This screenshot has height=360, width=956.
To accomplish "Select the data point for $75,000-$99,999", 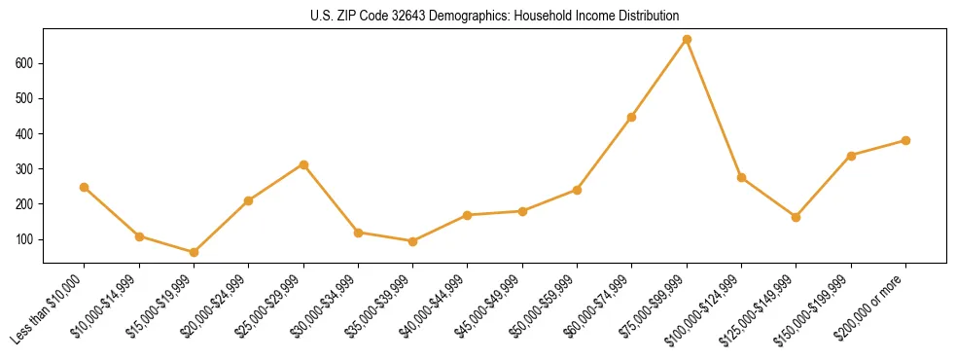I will click(687, 39).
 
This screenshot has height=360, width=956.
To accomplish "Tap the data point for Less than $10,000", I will click(85, 187).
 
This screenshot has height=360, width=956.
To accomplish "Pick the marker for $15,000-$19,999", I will click(194, 252).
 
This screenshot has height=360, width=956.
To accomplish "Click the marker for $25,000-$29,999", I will click(303, 164).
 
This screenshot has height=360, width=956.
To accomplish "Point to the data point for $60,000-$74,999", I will click(632, 117).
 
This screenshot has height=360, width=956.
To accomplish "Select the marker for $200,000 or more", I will click(905, 140).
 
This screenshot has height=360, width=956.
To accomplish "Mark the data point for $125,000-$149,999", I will click(796, 217).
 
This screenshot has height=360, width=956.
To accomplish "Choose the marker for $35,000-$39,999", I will click(412, 241).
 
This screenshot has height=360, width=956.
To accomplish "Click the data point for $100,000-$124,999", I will click(741, 177).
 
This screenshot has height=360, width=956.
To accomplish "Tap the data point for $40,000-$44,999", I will click(468, 215).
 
